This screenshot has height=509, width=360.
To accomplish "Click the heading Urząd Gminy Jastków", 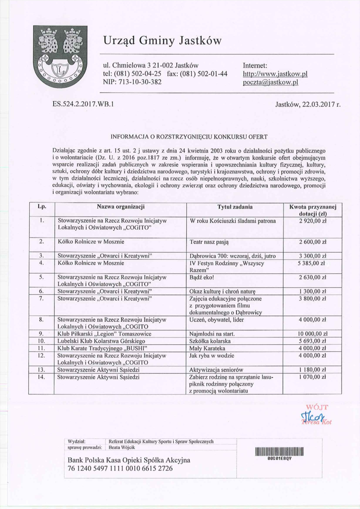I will [x=162, y=41].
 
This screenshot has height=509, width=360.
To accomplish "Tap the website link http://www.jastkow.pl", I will [x=274, y=74].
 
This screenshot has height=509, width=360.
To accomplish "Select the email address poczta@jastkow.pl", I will [x=270, y=82].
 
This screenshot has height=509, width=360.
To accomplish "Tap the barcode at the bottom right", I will [x=279, y=452].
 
